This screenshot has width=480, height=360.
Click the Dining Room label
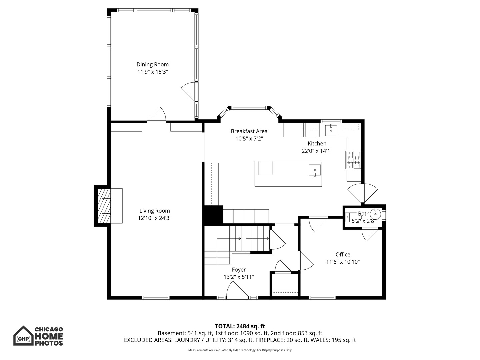click(x=152, y=64)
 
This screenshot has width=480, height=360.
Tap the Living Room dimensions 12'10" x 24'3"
click(x=155, y=218)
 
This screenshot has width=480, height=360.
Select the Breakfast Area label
click(x=249, y=131)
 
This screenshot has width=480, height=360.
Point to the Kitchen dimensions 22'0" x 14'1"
click(x=317, y=151)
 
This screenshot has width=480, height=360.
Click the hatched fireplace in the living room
click(x=104, y=206)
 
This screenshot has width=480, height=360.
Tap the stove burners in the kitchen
click(x=353, y=160)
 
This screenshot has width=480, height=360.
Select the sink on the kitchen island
click(x=315, y=170)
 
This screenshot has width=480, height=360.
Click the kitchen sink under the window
click(x=331, y=130)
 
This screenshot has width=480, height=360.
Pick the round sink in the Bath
click(x=375, y=214)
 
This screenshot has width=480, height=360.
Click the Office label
click(x=343, y=254)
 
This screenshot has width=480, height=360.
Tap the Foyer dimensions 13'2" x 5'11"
click(x=239, y=277)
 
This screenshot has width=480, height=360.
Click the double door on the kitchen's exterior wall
click(x=363, y=193)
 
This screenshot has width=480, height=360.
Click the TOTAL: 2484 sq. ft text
click(x=240, y=326)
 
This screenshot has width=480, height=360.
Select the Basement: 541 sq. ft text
click(x=185, y=333)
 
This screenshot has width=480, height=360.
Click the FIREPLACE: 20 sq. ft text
click(x=282, y=340)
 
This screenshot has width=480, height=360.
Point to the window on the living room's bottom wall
click(x=156, y=297)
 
